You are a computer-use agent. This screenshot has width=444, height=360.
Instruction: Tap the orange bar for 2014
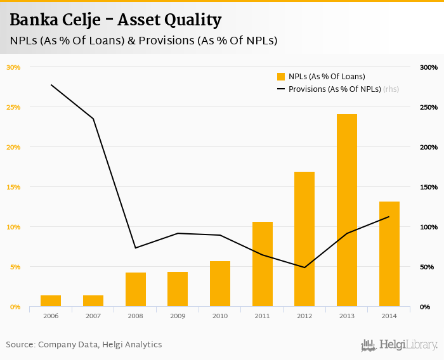pyautogui.click(x=389, y=254)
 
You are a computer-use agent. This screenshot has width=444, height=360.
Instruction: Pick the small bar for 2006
pyautogui.click(x=51, y=300)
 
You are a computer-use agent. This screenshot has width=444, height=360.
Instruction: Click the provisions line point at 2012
pyautogui.click(x=304, y=267)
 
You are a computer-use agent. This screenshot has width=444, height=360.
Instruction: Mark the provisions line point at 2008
pyautogui.click(x=135, y=248)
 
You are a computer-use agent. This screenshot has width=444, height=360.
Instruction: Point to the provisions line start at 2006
pyautogui.click(x=51, y=85)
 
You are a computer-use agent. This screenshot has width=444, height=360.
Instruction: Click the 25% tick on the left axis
pyautogui.click(x=13, y=107)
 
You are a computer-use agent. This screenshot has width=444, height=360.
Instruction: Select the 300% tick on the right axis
pyautogui.click(x=429, y=67)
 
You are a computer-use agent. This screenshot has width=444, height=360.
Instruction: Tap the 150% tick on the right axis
pyautogui.click(x=429, y=187)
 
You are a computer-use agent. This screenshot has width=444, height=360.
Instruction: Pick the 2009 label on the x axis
pyautogui.click(x=178, y=316)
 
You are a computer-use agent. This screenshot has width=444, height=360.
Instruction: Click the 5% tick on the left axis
pyautogui.click(x=15, y=267)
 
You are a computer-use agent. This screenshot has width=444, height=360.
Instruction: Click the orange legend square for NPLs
pyautogui.click(x=281, y=77)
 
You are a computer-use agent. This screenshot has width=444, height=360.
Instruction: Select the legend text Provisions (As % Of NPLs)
pyautogui.click(x=334, y=89)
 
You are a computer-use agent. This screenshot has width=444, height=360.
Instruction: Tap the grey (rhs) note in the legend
pyautogui.click(x=391, y=89)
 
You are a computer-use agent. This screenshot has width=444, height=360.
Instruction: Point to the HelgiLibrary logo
pyautogui.click(x=399, y=345)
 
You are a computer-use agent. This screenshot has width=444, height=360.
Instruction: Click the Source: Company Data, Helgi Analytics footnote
pyautogui.click(x=84, y=345)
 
